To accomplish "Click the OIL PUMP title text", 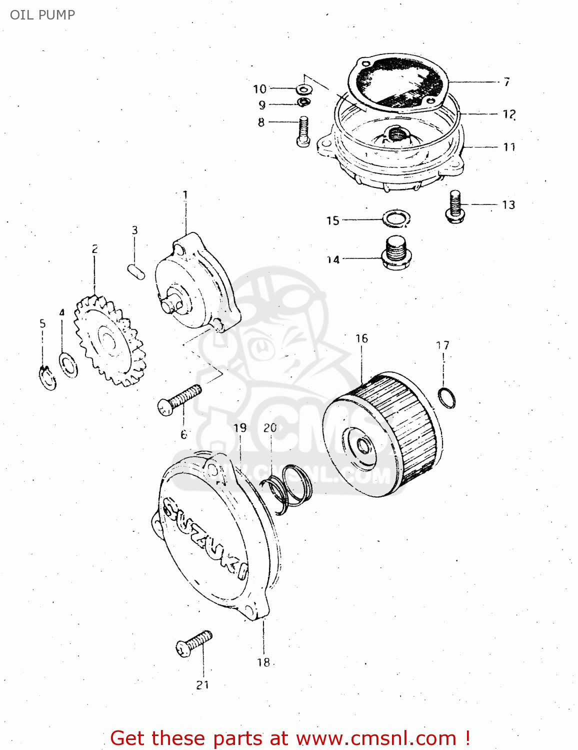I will (x=42, y=15).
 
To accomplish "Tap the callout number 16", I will (x=361, y=338).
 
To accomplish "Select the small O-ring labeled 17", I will (x=446, y=397).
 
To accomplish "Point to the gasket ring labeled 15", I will (x=396, y=218).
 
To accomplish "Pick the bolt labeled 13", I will (x=455, y=207).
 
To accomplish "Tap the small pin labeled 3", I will (x=136, y=271).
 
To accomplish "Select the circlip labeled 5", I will (x=47, y=377).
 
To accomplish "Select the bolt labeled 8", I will (x=303, y=131).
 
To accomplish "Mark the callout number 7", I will (x=506, y=81).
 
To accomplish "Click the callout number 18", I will (x=263, y=662).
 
